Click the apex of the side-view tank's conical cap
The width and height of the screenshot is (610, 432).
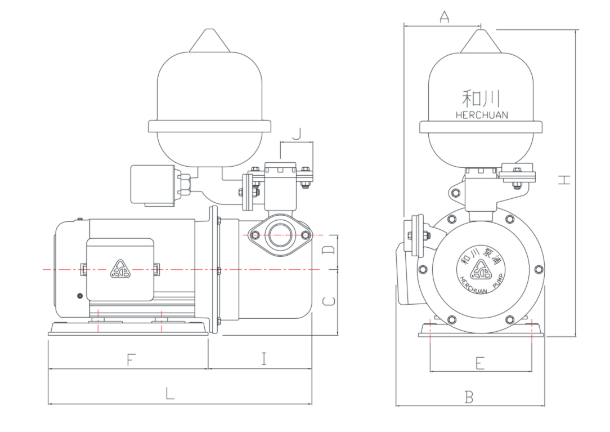[209, 29]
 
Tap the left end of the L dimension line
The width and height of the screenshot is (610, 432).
[48, 404]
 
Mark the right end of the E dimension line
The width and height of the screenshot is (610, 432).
[531, 371]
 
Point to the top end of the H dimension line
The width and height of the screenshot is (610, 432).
[576, 30]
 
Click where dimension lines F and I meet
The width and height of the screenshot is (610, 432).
[208, 368]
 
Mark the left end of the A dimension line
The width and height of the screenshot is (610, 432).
[404, 26]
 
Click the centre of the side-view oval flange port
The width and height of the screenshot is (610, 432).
[280, 235]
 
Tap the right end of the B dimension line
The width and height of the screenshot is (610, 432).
[544, 406]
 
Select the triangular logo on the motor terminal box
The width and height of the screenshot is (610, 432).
[120, 269]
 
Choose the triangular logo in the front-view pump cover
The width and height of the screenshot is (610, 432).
[481, 270]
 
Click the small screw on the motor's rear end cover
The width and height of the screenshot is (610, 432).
[80, 296]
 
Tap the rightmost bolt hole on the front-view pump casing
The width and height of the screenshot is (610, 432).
[539, 269]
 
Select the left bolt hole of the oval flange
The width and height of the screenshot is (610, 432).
[255, 235]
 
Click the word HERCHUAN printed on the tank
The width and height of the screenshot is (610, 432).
[482, 115]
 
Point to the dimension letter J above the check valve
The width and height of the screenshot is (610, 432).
[297, 134]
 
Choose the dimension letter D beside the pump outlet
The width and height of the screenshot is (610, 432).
[329, 250]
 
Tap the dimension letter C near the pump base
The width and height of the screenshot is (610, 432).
[329, 301]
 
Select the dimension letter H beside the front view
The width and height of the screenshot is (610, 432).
[564, 180]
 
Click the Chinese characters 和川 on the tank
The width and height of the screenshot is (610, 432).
[481, 99]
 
